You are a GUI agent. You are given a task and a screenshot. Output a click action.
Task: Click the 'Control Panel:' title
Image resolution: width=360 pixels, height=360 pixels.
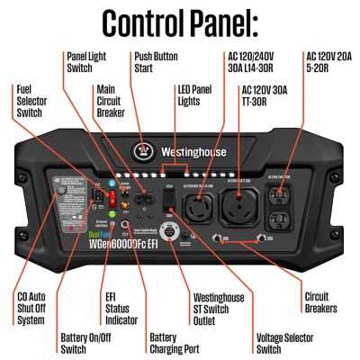(180, 22)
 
